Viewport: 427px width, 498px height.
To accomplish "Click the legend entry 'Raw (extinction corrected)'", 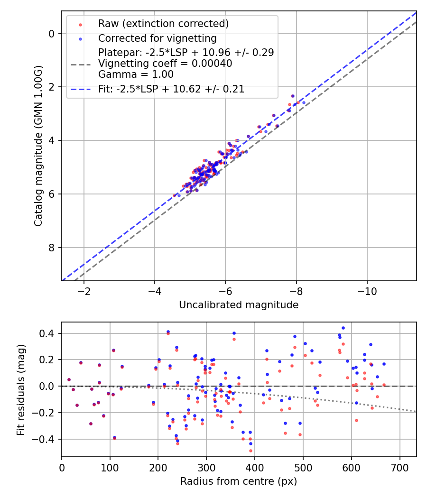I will (163, 24).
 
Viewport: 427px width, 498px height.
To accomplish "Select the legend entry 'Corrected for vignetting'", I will (157, 38).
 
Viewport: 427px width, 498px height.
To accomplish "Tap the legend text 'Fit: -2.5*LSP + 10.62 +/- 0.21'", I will (171, 89).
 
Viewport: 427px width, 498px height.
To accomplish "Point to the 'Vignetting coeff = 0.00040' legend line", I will (165, 64).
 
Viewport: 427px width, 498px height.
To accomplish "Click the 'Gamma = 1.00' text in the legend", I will (136, 74).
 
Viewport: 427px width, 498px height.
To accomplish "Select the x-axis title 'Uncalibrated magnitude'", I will (239, 305).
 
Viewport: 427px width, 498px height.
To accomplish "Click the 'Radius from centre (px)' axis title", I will (239, 481).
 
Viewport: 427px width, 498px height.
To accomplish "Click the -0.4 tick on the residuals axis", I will (46, 439).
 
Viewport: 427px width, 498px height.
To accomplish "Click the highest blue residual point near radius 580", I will (343, 328).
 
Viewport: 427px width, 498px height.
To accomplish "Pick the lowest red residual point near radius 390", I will (251, 451).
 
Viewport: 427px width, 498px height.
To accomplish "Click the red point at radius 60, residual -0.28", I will (91, 424).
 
